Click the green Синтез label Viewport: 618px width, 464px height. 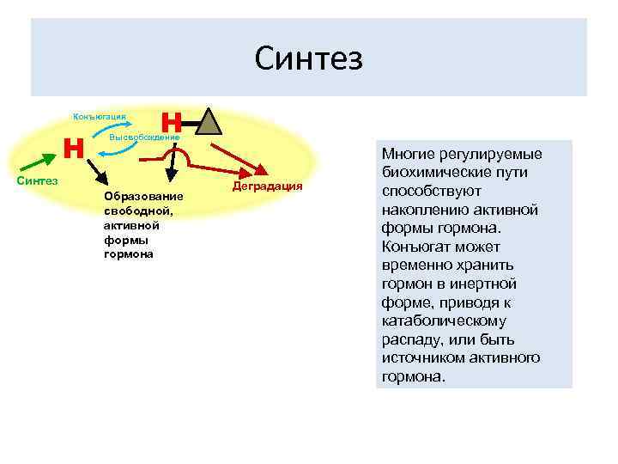(x=38, y=180)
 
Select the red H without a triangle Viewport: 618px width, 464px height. (x=74, y=148)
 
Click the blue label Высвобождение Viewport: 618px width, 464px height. (x=144, y=137)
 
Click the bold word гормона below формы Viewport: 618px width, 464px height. (x=128, y=255)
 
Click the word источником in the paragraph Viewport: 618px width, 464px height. (x=422, y=357)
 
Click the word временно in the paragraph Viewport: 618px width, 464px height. (x=415, y=266)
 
